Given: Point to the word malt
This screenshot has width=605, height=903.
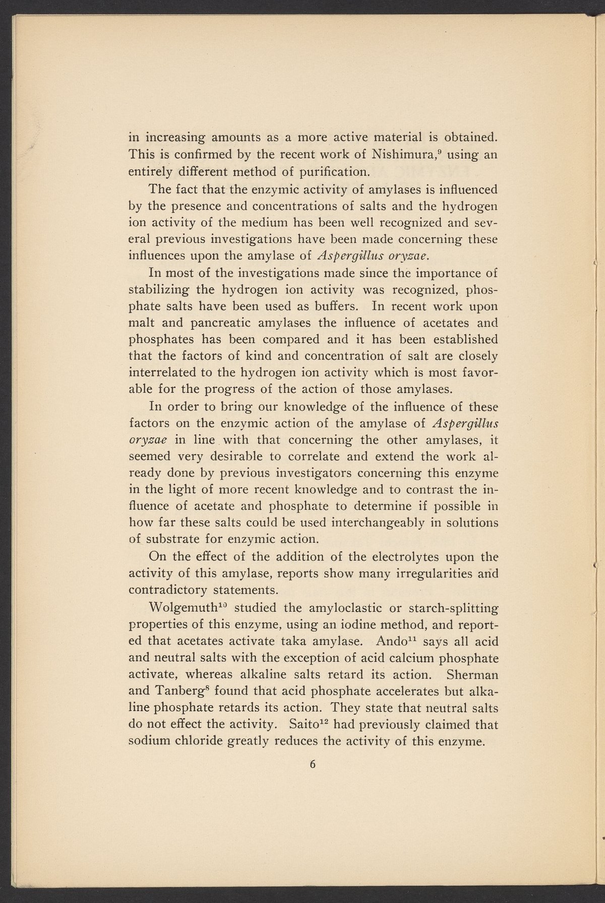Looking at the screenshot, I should pos(141,322).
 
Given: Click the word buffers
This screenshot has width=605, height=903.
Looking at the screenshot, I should pos(325,306).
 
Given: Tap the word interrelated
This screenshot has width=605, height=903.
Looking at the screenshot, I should pos(160,372).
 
